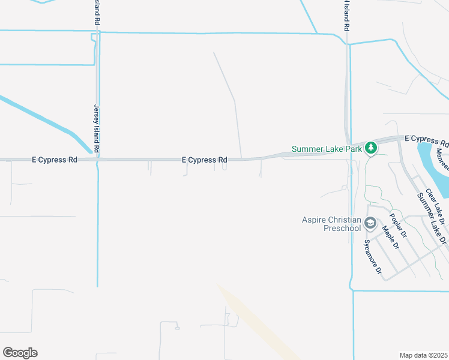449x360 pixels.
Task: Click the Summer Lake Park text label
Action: click(x=327, y=149)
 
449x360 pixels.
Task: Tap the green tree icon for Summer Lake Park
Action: click(x=371, y=147)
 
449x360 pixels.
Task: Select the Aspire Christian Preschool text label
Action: click(x=331, y=224)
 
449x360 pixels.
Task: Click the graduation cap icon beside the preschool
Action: click(x=370, y=224)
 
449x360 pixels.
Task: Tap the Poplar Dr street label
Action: click(x=398, y=226)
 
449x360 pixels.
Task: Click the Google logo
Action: click(x=20, y=353)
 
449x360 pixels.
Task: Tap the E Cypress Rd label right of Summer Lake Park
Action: click(x=426, y=139)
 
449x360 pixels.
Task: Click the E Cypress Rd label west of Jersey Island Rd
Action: click(x=55, y=160)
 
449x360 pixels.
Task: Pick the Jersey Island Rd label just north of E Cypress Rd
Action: click(x=96, y=128)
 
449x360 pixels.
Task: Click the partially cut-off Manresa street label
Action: click(x=442, y=158)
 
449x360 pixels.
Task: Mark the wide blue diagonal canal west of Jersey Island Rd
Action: click(x=42, y=120)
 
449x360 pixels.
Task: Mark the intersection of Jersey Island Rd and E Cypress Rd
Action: click(x=97, y=160)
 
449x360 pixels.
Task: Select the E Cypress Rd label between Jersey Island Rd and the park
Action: click(x=205, y=160)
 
